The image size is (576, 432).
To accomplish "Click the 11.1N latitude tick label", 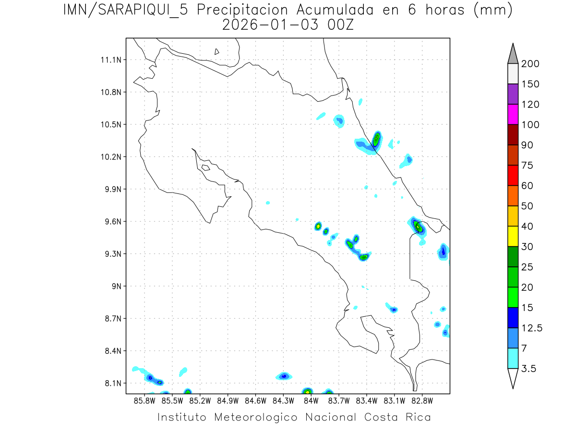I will click(109, 60).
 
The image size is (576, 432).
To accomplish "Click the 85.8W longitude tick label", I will click(145, 400).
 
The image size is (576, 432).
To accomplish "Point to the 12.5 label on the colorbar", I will click(531, 328).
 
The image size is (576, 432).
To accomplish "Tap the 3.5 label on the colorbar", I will click(529, 369).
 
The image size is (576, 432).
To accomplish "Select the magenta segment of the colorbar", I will click(513, 114).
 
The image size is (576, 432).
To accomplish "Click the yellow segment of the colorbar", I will click(513, 236).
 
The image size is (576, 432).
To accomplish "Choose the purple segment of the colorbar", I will click(513, 94).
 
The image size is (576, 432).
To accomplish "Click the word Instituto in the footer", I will click(182, 417).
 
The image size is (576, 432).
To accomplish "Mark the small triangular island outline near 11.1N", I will click(217, 51).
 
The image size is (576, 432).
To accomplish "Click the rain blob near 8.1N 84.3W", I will click(284, 376).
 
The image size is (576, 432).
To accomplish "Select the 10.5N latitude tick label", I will click(109, 125).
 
